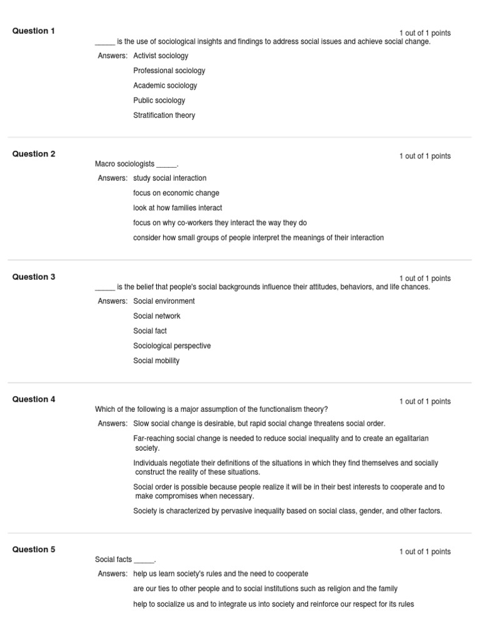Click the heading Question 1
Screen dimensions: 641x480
pyautogui.click(x=34, y=31)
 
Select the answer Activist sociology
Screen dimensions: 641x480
pyautogui.click(x=161, y=56)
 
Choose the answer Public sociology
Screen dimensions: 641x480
pyautogui.click(x=159, y=100)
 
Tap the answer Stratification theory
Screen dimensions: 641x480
pyautogui.click(x=164, y=115)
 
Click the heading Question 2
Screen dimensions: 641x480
pyautogui.click(x=34, y=154)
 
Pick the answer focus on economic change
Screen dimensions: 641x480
pyautogui.click(x=176, y=193)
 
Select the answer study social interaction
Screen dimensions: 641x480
pyautogui.click(x=169, y=178)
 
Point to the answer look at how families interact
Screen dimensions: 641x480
pyautogui.click(x=177, y=208)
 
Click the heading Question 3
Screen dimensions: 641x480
pyautogui.click(x=34, y=277)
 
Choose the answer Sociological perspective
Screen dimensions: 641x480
pyautogui.click(x=172, y=346)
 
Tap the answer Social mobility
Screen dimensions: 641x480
pyautogui.click(x=156, y=361)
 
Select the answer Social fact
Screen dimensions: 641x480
pyautogui.click(x=150, y=331)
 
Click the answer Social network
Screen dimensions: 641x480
pyautogui.click(x=157, y=316)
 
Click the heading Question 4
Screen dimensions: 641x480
pyautogui.click(x=34, y=399)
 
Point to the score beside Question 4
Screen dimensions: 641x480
pyautogui.click(x=425, y=402)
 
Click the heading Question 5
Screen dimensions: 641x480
pyautogui.click(x=34, y=550)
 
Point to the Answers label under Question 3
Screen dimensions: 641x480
pyautogui.click(x=112, y=301)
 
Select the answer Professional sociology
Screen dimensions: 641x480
pyautogui.click(x=169, y=71)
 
